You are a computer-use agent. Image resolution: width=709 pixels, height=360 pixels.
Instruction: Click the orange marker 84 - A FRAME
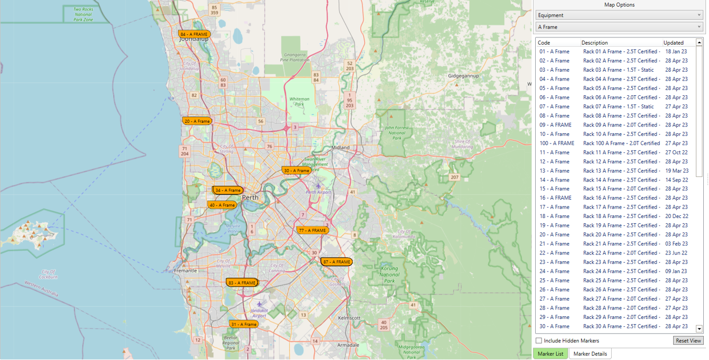[x=194, y=34]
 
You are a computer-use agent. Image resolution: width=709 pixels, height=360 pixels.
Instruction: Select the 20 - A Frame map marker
[x=197, y=121]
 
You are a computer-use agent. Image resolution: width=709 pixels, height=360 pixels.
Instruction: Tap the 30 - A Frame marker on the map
[x=297, y=171]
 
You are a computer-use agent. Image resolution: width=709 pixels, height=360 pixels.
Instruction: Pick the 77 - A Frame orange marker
[x=312, y=230]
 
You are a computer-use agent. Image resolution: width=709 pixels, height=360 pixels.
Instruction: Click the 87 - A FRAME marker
[x=337, y=262]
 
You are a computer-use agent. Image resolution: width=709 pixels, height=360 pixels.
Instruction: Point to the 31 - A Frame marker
[x=243, y=325]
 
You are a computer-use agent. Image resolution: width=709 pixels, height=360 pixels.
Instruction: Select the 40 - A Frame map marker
[x=222, y=205]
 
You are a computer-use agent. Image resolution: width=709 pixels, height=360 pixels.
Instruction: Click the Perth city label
[x=250, y=198]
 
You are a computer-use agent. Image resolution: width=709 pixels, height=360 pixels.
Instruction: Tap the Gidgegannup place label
[x=463, y=76]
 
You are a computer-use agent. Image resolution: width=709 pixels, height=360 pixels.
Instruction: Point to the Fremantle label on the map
[x=186, y=271]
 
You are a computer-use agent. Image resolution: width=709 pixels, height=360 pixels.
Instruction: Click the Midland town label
[x=340, y=148]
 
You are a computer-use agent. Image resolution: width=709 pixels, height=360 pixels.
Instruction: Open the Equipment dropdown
[x=619, y=15]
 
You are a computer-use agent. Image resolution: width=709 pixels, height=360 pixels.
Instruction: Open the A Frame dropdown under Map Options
[x=619, y=27]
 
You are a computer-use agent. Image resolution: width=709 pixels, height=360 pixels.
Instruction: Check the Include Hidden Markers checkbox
[x=539, y=341]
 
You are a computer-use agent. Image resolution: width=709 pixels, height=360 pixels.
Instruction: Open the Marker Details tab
[x=590, y=354]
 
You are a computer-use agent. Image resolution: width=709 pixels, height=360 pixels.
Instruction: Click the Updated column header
[x=674, y=43]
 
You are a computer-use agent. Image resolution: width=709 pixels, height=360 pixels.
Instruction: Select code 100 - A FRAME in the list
[x=557, y=144]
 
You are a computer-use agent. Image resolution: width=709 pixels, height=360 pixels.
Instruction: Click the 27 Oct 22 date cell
[x=676, y=152]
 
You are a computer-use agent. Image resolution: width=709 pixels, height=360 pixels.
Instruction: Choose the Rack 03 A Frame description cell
[x=618, y=70]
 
